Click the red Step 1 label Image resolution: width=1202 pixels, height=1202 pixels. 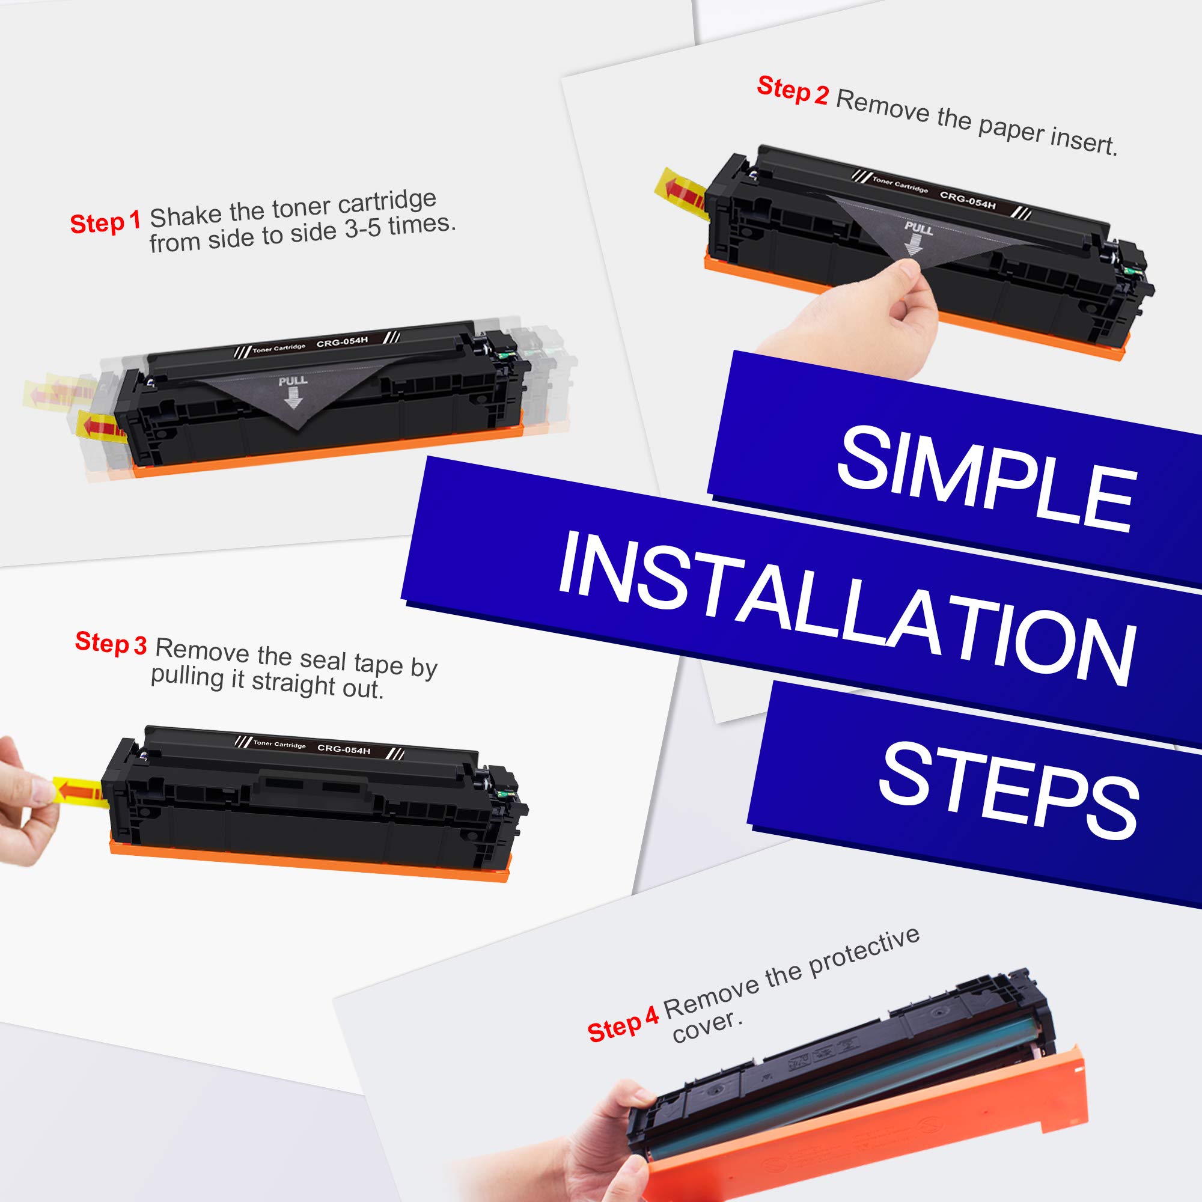pos(105,223)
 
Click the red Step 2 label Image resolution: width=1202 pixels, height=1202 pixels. pos(792,91)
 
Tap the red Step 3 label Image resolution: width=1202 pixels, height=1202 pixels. pos(111,642)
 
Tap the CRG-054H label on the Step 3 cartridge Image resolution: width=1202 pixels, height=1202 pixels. pos(343,749)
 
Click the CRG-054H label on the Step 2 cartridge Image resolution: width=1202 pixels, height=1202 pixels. pos(968,200)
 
